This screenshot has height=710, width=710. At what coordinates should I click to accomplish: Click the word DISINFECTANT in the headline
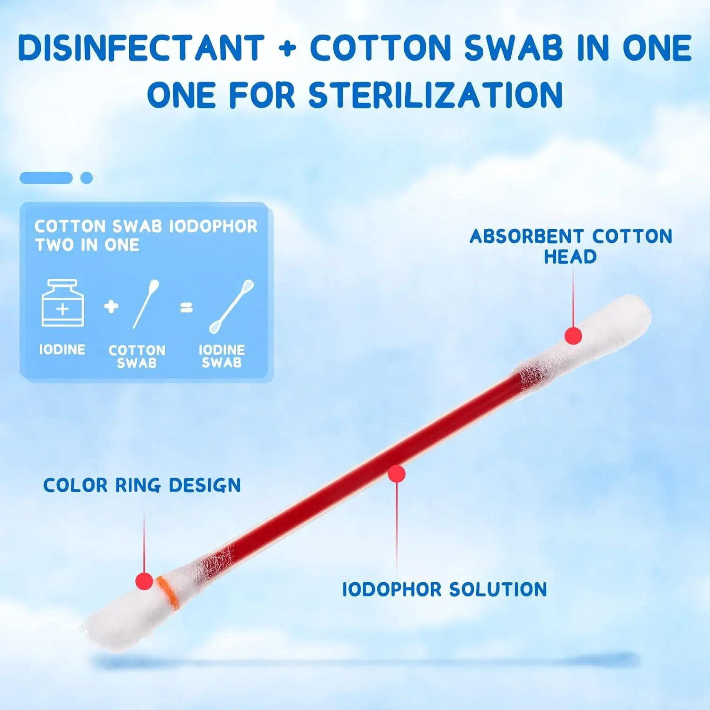click(x=141, y=48)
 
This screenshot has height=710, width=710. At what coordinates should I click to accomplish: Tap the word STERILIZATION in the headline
click(x=435, y=95)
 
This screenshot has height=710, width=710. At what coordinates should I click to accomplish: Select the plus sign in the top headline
click(x=287, y=49)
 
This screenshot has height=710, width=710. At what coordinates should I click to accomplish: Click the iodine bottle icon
click(x=63, y=303)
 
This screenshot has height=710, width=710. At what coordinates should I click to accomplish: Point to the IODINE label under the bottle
click(x=62, y=350)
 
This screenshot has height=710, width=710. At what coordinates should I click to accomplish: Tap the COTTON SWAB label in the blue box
click(x=137, y=356)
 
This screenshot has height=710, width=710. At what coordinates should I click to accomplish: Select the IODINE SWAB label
click(x=222, y=356)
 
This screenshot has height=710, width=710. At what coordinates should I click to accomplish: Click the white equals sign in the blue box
click(x=187, y=308)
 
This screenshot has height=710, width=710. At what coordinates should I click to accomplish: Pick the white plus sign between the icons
click(x=111, y=306)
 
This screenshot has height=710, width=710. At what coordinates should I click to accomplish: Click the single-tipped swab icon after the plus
click(x=146, y=303)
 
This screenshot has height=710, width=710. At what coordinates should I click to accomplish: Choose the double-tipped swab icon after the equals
click(x=231, y=306)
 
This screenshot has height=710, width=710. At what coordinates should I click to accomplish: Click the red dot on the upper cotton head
click(x=573, y=336)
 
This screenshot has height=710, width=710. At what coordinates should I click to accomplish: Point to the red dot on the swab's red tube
click(x=397, y=474)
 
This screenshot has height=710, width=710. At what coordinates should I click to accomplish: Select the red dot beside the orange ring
click(x=144, y=581)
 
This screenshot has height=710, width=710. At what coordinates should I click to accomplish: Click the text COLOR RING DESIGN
click(x=142, y=486)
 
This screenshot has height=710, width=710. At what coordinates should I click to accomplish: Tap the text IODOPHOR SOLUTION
click(x=444, y=590)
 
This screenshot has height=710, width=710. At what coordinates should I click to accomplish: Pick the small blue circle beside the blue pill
click(x=87, y=178)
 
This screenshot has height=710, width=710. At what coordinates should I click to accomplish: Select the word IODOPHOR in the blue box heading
click(x=213, y=226)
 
